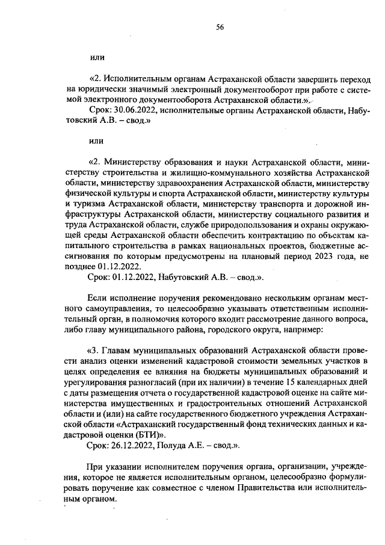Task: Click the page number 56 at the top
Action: coord(220,27)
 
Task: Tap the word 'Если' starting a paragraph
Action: coord(98,298)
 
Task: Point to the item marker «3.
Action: coord(94,350)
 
